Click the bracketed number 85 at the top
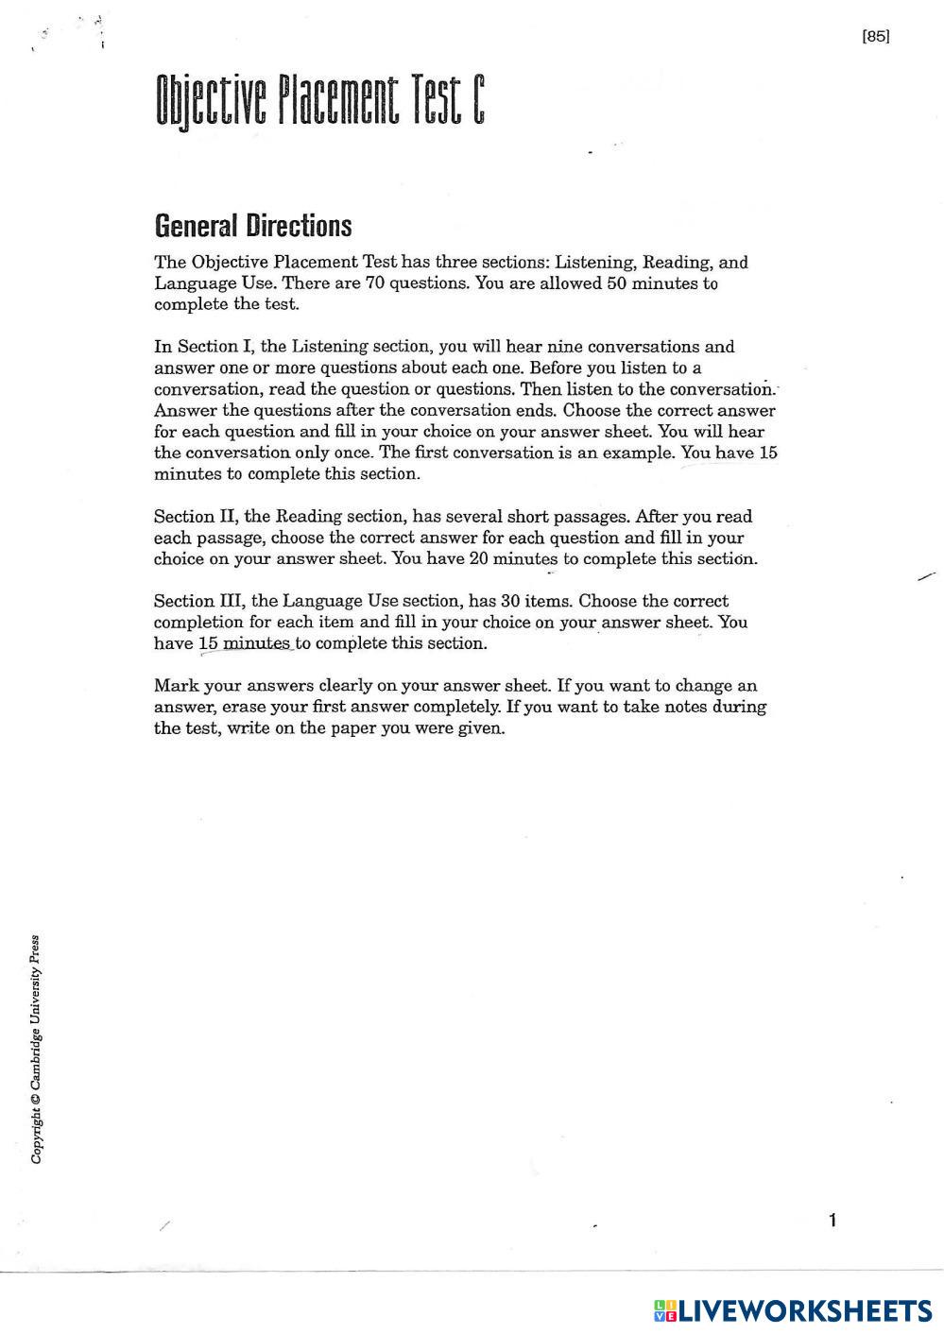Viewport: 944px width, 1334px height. click(x=876, y=37)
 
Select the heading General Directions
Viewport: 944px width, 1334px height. click(x=252, y=226)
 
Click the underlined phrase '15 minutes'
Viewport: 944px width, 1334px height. click(x=244, y=643)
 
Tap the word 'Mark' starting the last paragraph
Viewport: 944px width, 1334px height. click(x=177, y=686)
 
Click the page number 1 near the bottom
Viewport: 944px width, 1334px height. click(x=832, y=1221)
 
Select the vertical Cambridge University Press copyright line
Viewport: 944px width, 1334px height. click(x=36, y=1049)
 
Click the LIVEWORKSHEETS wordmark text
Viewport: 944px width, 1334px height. click(x=805, y=1310)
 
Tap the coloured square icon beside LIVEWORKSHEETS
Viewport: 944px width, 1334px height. click(x=665, y=1310)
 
